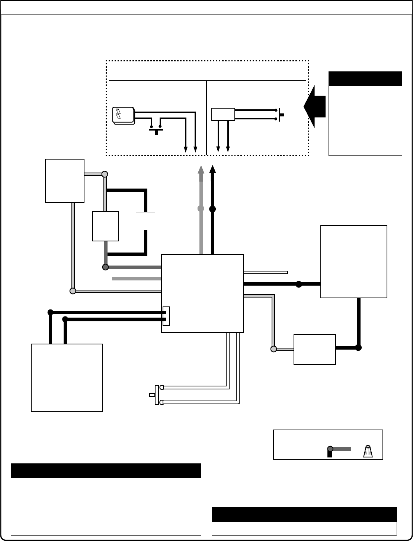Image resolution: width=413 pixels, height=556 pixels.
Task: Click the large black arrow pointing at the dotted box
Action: (x=314, y=106)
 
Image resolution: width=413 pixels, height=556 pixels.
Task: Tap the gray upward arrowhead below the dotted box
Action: (x=201, y=170)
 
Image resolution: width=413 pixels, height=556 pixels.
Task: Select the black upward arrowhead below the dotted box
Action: (x=212, y=170)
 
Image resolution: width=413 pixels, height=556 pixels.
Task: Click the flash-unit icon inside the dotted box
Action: (x=124, y=115)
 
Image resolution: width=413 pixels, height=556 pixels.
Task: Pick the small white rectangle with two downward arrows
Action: (x=223, y=114)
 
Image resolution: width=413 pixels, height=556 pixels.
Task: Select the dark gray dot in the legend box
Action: (x=330, y=449)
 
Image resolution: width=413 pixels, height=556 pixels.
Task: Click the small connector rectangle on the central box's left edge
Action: (x=166, y=316)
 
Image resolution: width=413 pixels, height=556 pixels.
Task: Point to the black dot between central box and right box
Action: (x=298, y=285)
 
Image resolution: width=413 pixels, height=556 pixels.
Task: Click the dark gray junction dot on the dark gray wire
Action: (x=105, y=267)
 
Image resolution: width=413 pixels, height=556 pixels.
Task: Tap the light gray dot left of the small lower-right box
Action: (x=273, y=349)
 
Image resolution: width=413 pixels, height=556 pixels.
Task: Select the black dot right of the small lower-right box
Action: (x=358, y=348)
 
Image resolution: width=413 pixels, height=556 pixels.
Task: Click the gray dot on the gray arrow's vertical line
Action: (x=201, y=209)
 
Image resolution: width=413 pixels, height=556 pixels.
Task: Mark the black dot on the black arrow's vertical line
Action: (x=212, y=209)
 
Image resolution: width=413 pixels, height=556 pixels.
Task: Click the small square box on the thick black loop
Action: (x=145, y=221)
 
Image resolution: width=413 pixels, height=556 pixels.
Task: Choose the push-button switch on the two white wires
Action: (x=156, y=395)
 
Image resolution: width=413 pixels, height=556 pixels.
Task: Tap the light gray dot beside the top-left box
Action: (x=105, y=174)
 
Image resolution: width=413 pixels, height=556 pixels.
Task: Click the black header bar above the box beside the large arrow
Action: (x=365, y=79)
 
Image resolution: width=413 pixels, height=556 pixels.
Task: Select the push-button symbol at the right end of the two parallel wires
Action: (x=281, y=114)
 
